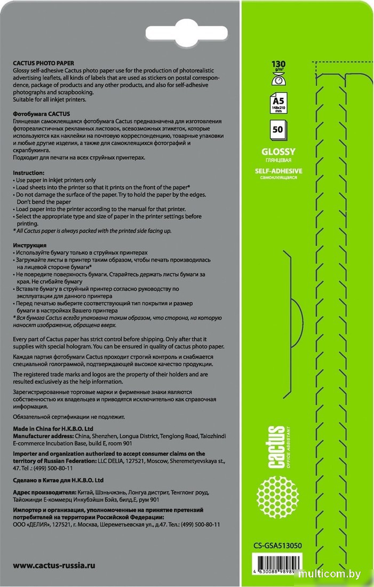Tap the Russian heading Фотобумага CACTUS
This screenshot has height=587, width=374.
tap(41, 114)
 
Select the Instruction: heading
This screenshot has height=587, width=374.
tap(29, 173)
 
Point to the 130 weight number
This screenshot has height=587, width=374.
tap(278, 64)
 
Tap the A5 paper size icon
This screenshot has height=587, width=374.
tap(278, 101)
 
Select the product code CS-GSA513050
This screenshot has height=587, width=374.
tap(278, 545)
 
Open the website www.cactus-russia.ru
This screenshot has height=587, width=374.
tap(54, 565)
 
